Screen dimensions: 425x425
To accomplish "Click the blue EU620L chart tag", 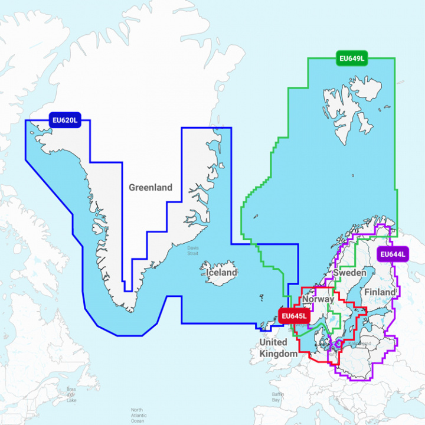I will (x=64, y=121).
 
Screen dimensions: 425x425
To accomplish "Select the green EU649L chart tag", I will (x=352, y=58).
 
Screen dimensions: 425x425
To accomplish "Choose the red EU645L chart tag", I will (x=293, y=316).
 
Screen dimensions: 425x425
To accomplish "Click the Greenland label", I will (x=151, y=188).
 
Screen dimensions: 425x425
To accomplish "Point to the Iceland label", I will (x=220, y=273).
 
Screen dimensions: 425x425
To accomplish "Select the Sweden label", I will (x=349, y=273).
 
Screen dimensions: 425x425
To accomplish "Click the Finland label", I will (x=380, y=292).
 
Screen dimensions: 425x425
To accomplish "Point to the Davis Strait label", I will (x=192, y=251).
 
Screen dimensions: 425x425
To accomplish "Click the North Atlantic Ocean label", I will (x=137, y=415).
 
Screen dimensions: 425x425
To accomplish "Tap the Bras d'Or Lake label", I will (x=71, y=394).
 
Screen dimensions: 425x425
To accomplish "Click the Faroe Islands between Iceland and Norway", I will (x=261, y=299).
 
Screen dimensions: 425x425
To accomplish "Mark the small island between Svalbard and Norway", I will (x=352, y=175).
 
